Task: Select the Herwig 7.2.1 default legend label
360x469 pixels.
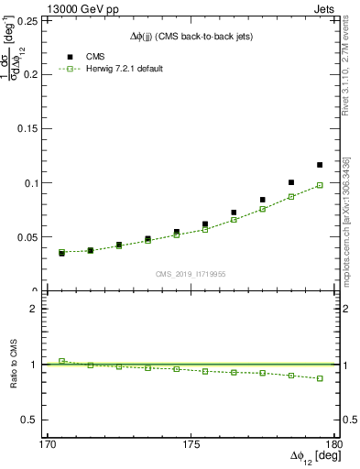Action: (x=125, y=69)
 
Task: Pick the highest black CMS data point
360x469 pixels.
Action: (x=320, y=165)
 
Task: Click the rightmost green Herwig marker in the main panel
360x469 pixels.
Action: (x=320, y=185)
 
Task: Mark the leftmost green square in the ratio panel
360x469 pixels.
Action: (x=62, y=361)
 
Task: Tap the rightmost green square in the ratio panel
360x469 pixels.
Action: (x=320, y=378)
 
